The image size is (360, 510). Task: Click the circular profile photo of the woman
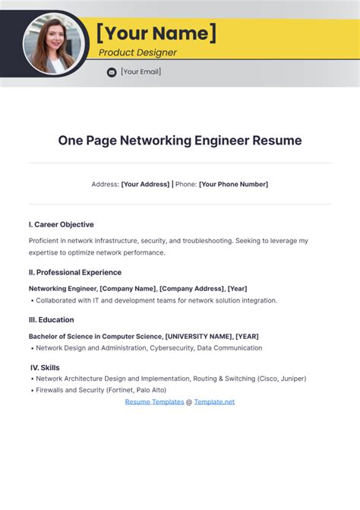(x=52, y=43)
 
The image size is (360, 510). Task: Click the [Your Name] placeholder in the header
(x=156, y=33)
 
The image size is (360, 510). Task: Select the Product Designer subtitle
(x=137, y=52)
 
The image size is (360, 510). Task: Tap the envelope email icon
(x=112, y=72)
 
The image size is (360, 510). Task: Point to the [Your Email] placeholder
(x=141, y=72)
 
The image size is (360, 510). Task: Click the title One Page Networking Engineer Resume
(x=180, y=141)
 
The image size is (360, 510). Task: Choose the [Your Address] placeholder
(x=145, y=184)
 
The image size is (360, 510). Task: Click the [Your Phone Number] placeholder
(x=233, y=184)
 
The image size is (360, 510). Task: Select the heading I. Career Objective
(x=62, y=224)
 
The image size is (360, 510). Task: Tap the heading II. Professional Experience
(x=75, y=272)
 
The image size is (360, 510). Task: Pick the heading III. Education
(x=52, y=320)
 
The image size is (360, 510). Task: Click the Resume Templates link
(x=154, y=401)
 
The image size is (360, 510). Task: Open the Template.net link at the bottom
(x=214, y=401)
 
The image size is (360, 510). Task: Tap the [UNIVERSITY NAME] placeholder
(x=198, y=336)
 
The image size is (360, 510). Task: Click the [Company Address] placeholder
(x=192, y=289)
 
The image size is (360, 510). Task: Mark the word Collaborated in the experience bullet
(x=58, y=300)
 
